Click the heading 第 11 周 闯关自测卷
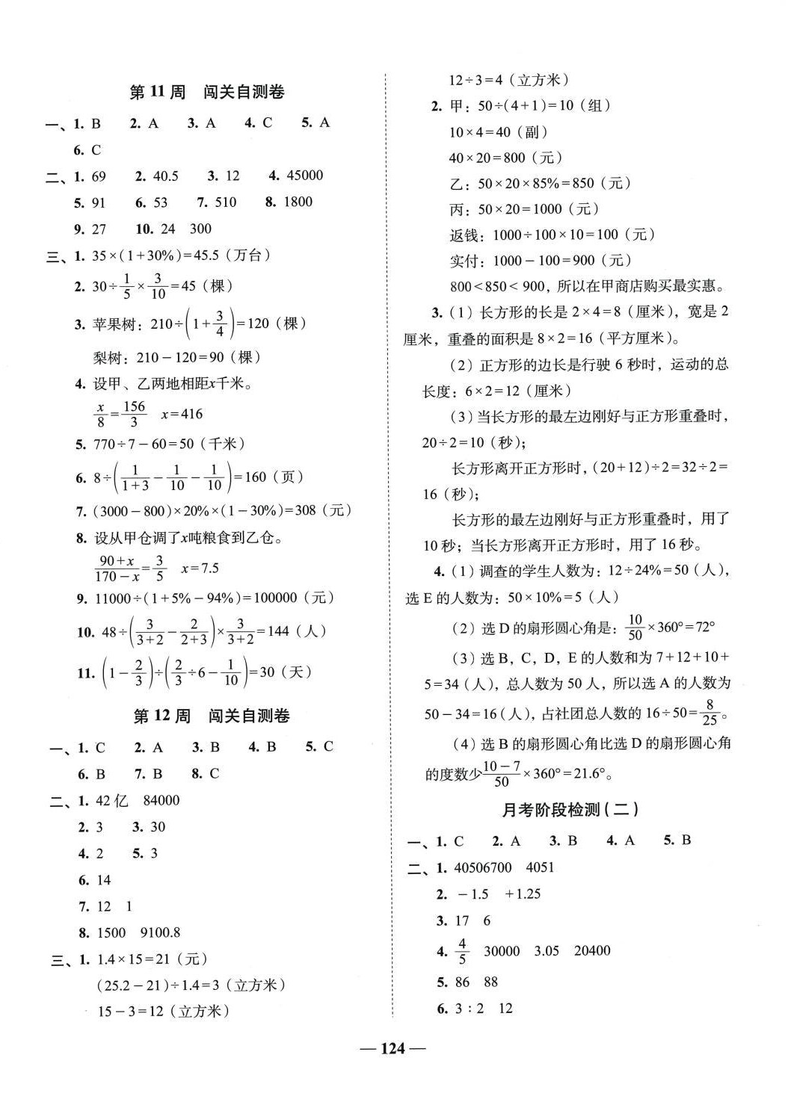206,93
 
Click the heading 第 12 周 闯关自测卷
211,716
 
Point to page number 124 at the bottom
393,1049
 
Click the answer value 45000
305,176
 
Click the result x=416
182,414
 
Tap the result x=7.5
200,569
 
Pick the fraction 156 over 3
134,414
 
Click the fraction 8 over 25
709,712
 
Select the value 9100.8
161,932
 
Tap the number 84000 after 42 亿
161,800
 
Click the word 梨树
108,358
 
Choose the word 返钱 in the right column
464,235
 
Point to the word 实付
464,261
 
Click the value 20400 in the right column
592,951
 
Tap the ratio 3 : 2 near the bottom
470,1009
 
